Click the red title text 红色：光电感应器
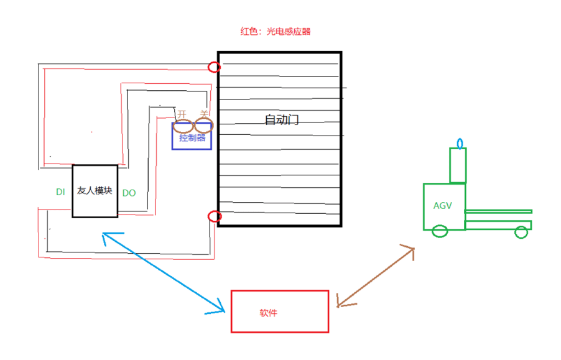275,31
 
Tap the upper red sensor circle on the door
214,67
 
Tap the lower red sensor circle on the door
214,216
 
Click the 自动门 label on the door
282,119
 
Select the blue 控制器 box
192,138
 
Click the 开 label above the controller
182,114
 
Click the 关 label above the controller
204,114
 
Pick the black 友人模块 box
95,191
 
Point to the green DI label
60,192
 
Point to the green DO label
129,193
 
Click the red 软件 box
280,311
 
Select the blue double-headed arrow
163,271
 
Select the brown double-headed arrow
376,276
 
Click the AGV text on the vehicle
443,205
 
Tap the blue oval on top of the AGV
460,144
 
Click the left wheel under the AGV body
440,231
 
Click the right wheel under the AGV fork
521,232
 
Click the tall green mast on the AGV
458,165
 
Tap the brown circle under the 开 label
183,125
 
